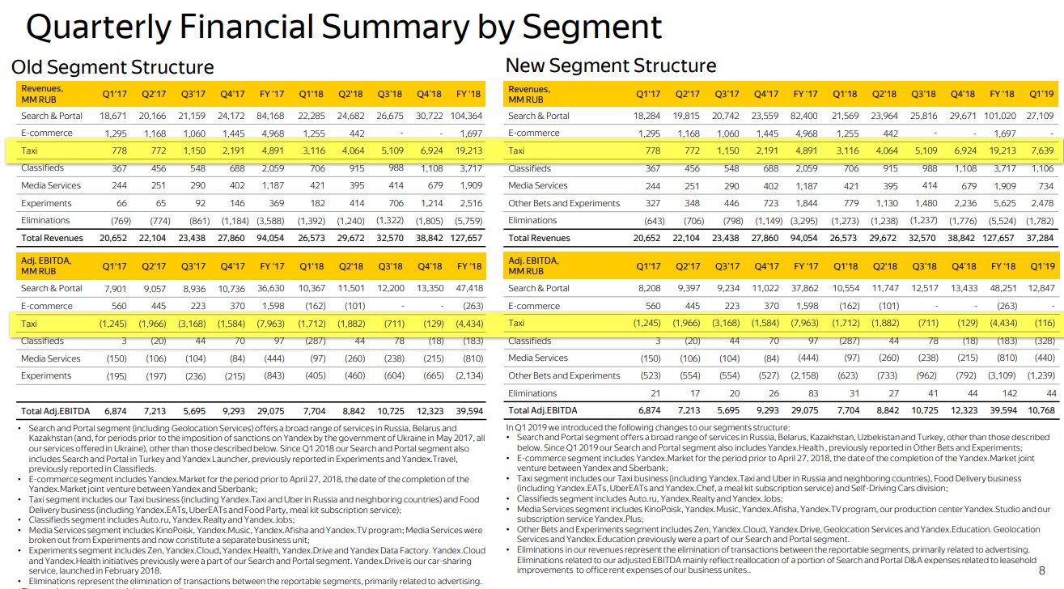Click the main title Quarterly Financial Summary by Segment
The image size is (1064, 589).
coord(343,28)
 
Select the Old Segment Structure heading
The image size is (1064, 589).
coord(112,67)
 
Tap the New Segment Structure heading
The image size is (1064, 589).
coord(611,66)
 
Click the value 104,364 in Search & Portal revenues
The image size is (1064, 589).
coord(466,116)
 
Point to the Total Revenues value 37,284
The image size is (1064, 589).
coord(1040,238)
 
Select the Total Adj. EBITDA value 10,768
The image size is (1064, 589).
coord(1041,410)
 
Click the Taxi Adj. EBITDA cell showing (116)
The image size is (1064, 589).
coord(1045,323)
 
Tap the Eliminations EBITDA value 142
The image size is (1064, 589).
coord(1009,393)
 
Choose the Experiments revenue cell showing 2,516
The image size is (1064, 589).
coord(471,203)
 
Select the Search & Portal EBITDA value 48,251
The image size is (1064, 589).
coord(1003,288)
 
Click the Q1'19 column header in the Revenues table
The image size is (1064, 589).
coord(1041,94)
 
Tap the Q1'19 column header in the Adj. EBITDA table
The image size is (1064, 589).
coord(1042,266)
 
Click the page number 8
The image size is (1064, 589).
coord(1041,570)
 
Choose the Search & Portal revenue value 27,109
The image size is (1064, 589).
coord(1040,116)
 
